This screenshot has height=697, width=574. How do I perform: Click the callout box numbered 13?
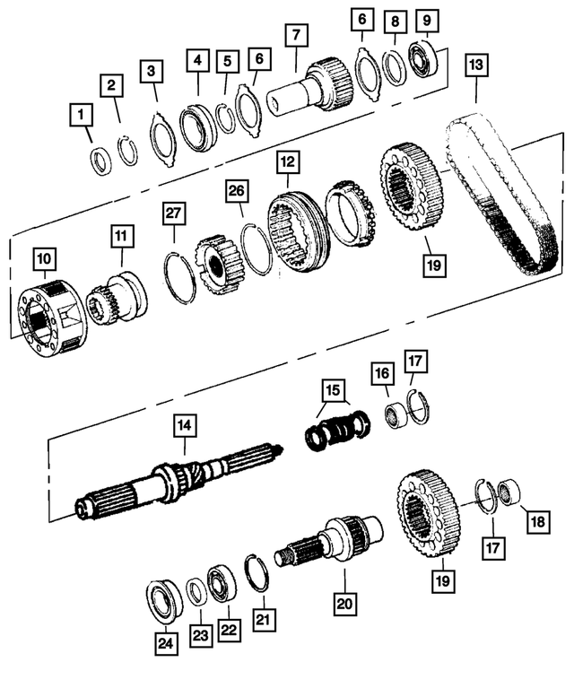coord(475,65)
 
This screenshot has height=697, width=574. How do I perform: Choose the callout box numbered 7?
coord(295,35)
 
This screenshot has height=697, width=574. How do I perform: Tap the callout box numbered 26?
coord(236,190)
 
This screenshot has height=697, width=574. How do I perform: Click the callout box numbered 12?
coord(286,162)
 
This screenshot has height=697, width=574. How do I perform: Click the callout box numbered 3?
coord(153,70)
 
